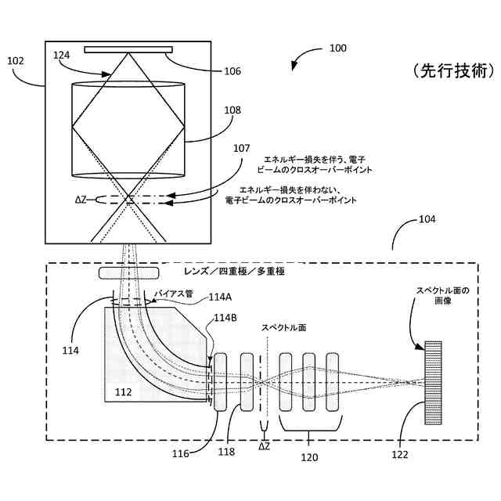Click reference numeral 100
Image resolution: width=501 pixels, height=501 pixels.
[x=337, y=49]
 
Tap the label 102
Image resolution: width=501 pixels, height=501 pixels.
[x=15, y=59]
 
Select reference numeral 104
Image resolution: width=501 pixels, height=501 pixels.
[x=427, y=220]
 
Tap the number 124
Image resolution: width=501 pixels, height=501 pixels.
[x=62, y=55]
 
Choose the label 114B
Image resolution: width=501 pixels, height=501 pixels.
[x=225, y=318]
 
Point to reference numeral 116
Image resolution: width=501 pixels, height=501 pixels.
[x=181, y=453]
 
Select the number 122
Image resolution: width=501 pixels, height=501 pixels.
[x=401, y=453]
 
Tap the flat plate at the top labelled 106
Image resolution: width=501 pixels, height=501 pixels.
[x=128, y=49]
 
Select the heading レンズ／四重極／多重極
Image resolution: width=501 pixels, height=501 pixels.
[x=233, y=272]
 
